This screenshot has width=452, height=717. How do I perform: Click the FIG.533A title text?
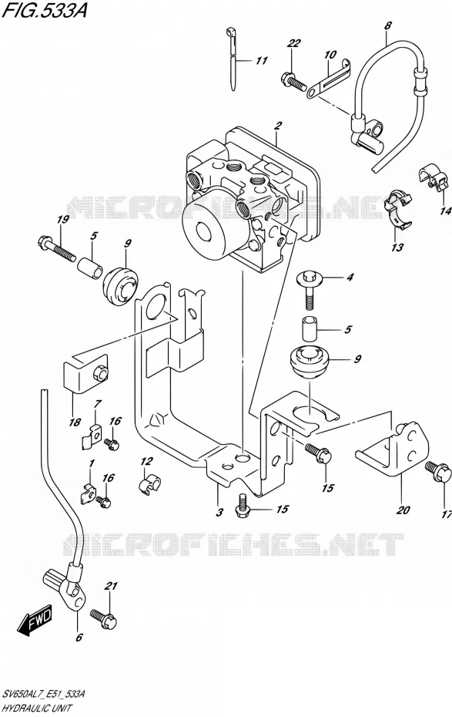coord(44,10)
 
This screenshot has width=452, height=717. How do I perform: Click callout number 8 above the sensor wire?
coord(387,26)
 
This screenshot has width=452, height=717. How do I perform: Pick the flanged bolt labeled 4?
coord(310,289)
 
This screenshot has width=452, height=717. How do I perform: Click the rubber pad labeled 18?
coord(85,372)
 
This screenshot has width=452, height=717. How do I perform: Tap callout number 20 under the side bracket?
coord(403,509)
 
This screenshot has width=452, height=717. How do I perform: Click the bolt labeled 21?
coord(104,618)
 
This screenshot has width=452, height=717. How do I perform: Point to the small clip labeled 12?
coord(149,485)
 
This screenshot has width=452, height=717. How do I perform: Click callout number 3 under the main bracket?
coord(219,512)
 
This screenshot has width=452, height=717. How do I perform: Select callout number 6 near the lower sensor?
coord(79,637)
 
